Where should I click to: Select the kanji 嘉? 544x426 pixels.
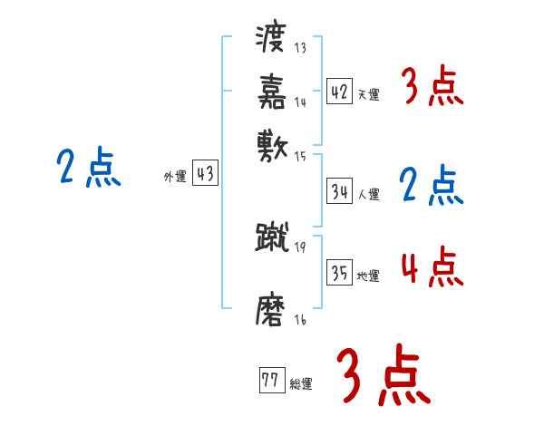click(273, 90)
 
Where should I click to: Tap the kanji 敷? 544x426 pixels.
click(273, 141)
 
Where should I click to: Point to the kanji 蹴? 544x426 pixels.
click(272, 237)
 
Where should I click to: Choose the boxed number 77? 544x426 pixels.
click(270, 381)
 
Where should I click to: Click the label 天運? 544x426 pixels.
click(368, 94)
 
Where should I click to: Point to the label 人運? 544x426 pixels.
click(368, 194)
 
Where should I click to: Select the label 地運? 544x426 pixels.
click(368, 276)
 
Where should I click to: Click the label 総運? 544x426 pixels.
click(300, 383)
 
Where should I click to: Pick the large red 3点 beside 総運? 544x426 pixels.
click(384, 375)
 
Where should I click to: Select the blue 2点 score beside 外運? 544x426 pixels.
click(89, 168)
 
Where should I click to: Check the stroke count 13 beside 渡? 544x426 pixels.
click(300, 48)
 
